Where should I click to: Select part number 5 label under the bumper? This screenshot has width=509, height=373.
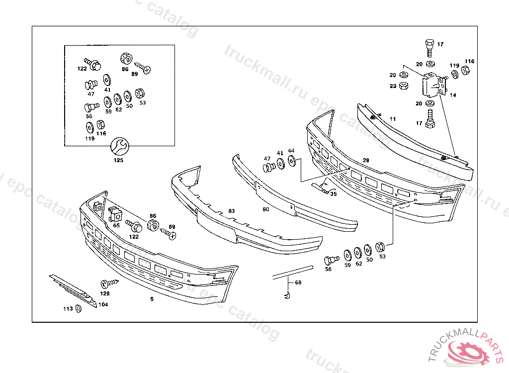152,299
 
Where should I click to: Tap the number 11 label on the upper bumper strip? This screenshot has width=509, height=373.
393,119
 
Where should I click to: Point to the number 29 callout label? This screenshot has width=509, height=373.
366,160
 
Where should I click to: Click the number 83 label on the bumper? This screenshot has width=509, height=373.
231,211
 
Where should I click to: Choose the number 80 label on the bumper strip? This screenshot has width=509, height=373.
266,209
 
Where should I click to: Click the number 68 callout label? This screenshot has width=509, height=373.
298,282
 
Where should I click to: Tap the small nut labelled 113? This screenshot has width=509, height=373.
78,309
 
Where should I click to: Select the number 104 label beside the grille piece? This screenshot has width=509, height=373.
103,304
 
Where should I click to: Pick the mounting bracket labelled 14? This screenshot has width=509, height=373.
432,86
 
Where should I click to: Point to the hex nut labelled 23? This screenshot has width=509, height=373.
404,86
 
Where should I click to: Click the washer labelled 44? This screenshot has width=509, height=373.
291,161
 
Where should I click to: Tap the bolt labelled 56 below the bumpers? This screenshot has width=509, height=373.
331,260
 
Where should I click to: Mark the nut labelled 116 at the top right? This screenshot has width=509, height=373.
466,70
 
